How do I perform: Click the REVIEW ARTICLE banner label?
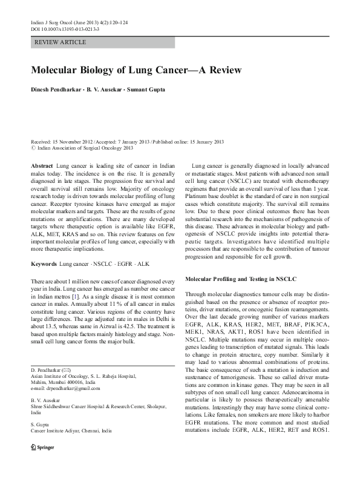[x=61, y=42]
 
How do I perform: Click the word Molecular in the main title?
[x=56, y=70]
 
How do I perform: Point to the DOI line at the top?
[x=65, y=28]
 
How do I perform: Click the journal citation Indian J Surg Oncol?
[x=53, y=22]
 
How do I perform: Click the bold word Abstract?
[x=41, y=165]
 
